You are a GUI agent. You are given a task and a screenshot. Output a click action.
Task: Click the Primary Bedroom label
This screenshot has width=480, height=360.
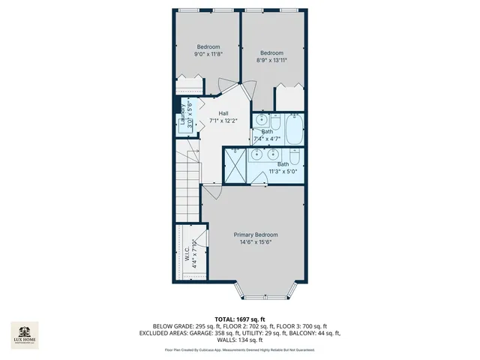(x=256, y=234)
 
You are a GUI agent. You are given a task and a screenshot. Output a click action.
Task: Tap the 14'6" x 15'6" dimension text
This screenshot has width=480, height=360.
(x=256, y=242)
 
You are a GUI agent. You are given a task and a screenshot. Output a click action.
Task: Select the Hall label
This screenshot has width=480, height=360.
(x=223, y=112)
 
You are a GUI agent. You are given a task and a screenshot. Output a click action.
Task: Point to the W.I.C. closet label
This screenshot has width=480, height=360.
(x=187, y=253)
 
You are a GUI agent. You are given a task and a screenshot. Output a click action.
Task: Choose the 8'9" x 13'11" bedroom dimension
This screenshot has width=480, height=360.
(x=271, y=61)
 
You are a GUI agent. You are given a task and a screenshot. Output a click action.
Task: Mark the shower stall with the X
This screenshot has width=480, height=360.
(x=235, y=165)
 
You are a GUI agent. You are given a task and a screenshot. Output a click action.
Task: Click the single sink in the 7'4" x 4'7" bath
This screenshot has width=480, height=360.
(x=261, y=121)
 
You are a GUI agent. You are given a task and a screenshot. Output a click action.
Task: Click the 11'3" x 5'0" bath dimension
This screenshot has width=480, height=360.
(x=283, y=172)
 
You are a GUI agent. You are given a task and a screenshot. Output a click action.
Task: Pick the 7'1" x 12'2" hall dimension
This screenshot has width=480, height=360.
(x=223, y=121)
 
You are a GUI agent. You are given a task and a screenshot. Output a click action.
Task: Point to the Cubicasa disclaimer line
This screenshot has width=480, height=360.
(x=239, y=349)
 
